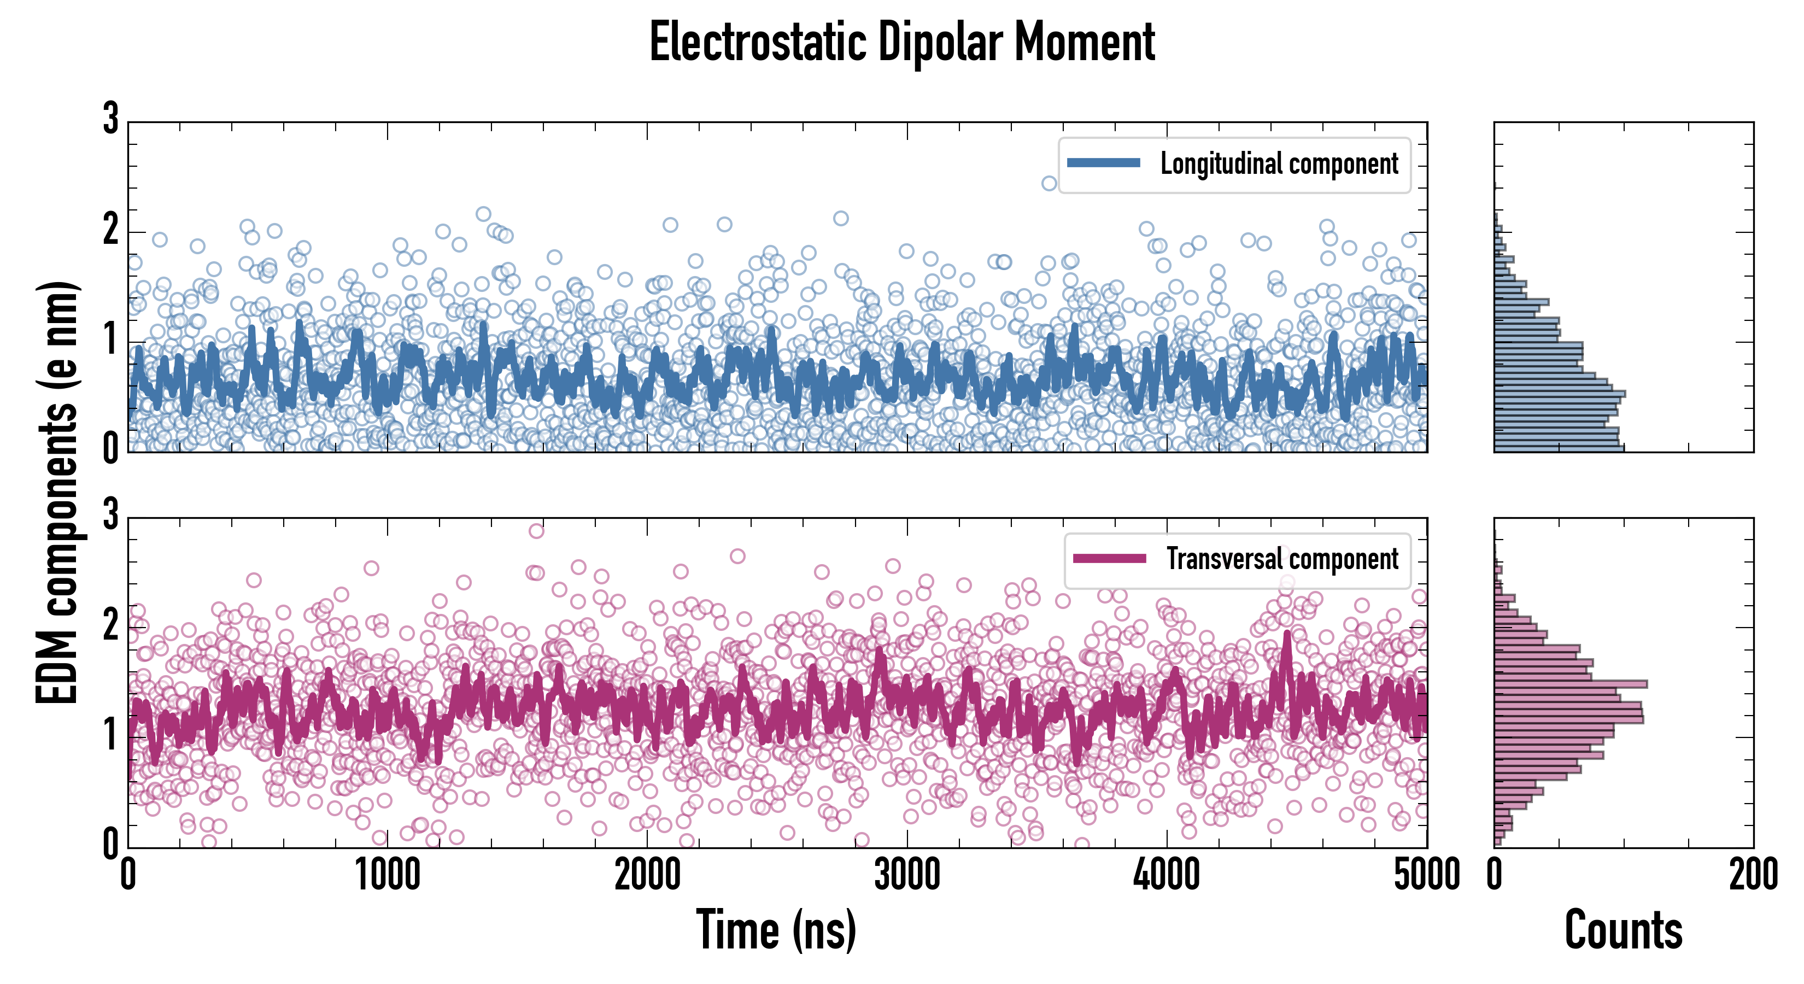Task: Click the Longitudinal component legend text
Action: pos(1279,164)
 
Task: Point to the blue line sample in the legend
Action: pos(1103,163)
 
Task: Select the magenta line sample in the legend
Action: pos(1109,558)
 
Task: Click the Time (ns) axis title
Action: pos(776,930)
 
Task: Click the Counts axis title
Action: pos(1623,930)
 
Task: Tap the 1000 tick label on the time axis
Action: pos(387,875)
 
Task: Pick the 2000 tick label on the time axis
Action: pos(647,875)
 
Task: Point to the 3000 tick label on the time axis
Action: pos(907,875)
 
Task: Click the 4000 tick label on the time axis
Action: pos(1167,875)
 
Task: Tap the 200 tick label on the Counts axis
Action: pos(1753,875)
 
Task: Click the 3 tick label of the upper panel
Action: pos(110,119)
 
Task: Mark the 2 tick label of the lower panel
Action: pos(110,625)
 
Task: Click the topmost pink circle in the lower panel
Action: pos(536,531)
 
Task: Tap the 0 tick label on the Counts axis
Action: pos(1495,875)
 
